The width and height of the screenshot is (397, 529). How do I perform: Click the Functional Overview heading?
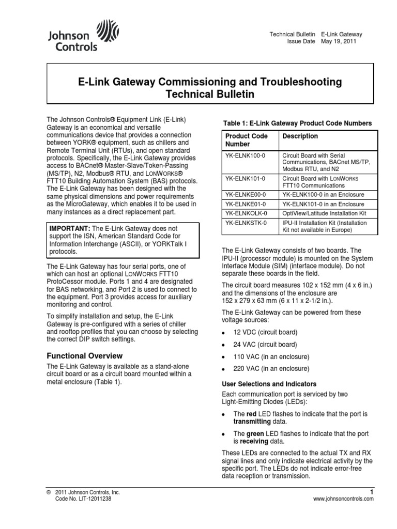point(85,355)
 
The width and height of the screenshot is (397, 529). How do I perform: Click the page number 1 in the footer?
point(371,491)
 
